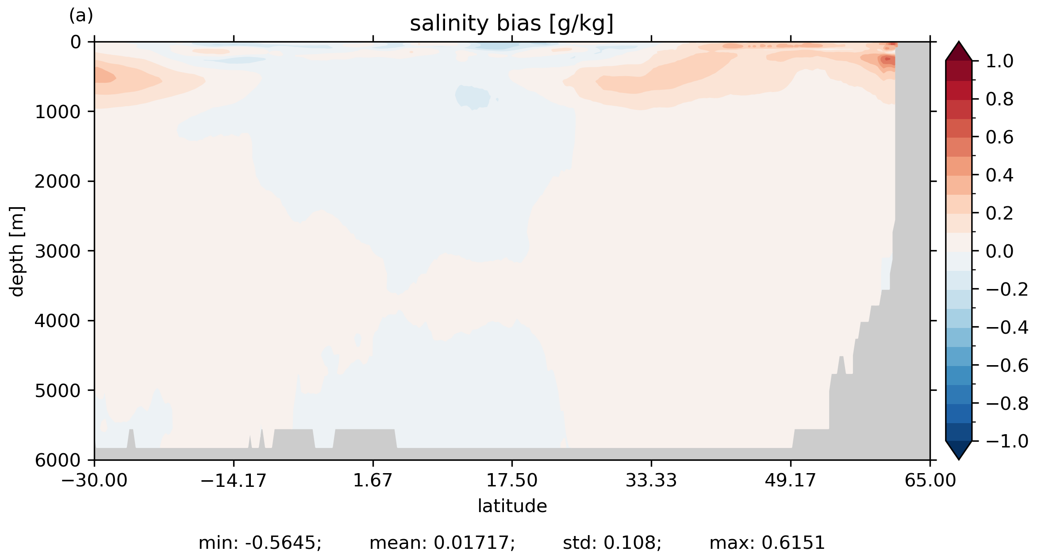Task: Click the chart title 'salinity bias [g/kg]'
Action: (x=511, y=24)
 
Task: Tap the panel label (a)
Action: (x=81, y=16)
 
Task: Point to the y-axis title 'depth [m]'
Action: (x=17, y=251)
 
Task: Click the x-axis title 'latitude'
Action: (x=512, y=506)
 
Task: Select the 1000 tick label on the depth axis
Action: (x=58, y=112)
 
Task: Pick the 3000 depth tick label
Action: (x=58, y=251)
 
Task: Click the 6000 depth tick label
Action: (x=58, y=460)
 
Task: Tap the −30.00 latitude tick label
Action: (x=94, y=480)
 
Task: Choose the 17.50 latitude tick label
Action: (x=512, y=480)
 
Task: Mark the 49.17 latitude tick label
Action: (x=790, y=480)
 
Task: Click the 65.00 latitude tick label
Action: (x=930, y=480)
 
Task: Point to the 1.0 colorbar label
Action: (x=999, y=62)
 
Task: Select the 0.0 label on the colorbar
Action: (x=999, y=251)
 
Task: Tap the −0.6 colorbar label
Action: (x=1007, y=366)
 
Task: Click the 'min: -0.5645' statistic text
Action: (x=260, y=543)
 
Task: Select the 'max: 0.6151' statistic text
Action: (x=767, y=543)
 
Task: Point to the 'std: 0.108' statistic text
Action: (x=612, y=543)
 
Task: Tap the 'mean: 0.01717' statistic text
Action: (x=442, y=543)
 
